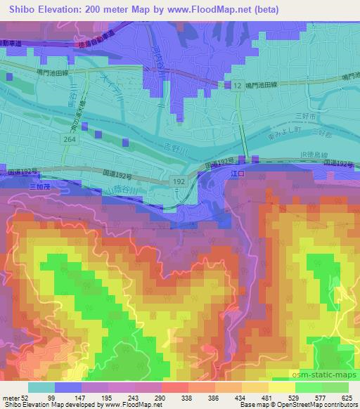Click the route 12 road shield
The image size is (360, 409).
238,85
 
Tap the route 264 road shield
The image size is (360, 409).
69,139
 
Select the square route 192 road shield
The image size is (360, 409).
179,181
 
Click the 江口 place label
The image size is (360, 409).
243,173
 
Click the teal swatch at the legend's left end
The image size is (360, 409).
40,387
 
